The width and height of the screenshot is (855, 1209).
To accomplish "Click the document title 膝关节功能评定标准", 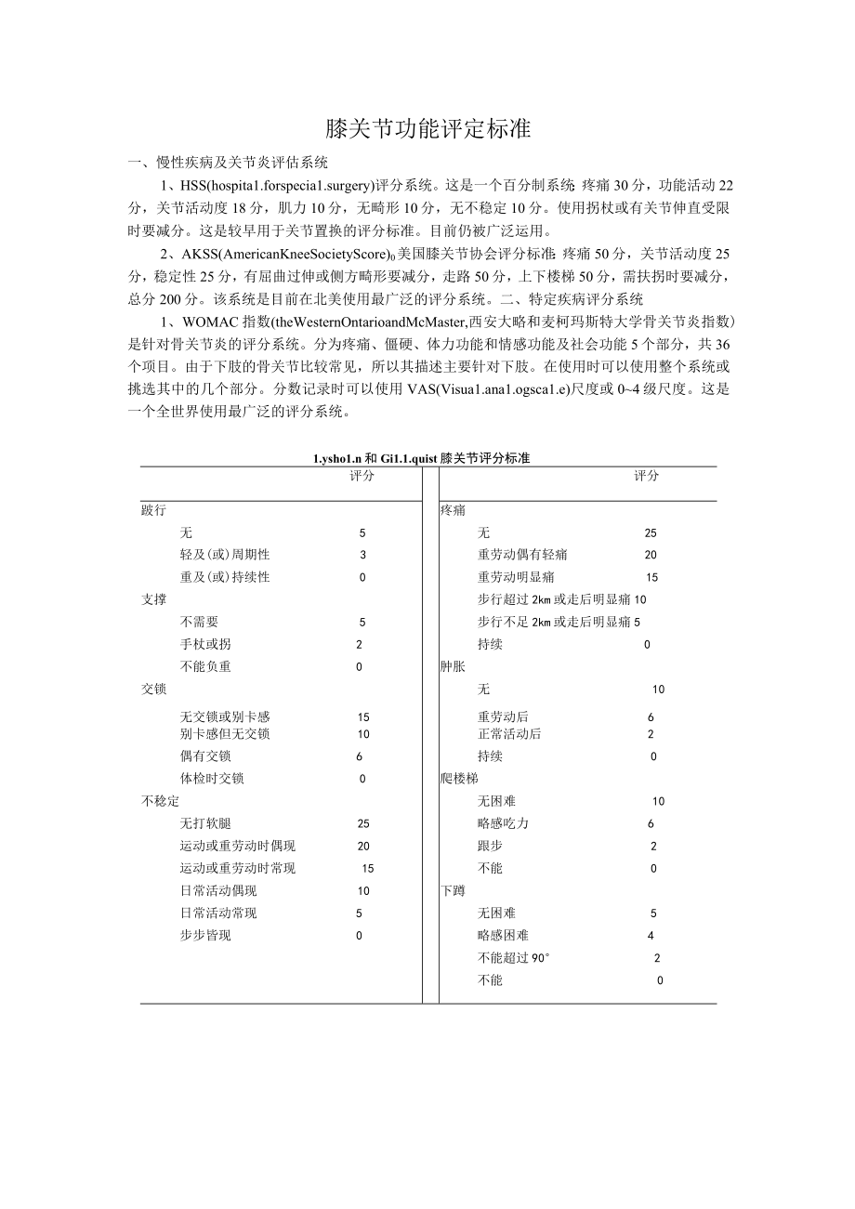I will coord(427,129).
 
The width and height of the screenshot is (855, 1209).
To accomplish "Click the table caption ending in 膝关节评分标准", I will coord(422,458).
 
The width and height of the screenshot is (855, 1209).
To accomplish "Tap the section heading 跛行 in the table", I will coord(153,510).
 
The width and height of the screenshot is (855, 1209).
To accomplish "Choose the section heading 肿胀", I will coord(453,666).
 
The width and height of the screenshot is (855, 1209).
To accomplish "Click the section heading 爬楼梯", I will coord(459,778).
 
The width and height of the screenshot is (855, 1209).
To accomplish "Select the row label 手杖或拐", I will coord(205,644).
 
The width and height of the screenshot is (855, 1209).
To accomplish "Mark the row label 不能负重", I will coord(205,666).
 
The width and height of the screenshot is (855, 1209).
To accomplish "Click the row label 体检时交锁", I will coord(212,779).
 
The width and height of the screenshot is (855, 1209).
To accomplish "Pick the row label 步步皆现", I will coord(205,935).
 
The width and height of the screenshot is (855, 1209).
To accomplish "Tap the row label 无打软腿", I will coord(205,823).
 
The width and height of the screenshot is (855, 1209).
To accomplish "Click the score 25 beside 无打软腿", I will coord(362,823).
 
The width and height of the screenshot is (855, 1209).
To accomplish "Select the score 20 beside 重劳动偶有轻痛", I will coord(651,555).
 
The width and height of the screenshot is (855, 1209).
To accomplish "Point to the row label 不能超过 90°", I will coord(514,958).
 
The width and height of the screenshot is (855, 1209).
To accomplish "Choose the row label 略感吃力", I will coord(503,823).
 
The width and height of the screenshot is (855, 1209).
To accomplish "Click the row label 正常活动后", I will coord(509,734).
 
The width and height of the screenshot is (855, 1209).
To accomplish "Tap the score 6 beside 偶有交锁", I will coord(360,756).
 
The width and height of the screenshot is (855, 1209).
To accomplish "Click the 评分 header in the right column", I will coord(646,476).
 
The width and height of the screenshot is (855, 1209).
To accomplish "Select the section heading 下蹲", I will coord(453,890).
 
